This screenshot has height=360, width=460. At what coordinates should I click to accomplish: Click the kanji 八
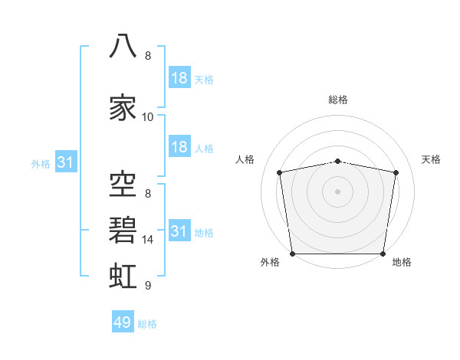click(123, 46)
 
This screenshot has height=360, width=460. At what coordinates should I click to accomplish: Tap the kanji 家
click(123, 107)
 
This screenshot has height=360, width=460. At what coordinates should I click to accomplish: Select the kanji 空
click(123, 184)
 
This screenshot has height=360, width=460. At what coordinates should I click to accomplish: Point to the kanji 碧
click(123, 230)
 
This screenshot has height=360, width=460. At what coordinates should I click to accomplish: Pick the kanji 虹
click(123, 276)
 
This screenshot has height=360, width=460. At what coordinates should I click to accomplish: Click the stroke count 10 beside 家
click(147, 117)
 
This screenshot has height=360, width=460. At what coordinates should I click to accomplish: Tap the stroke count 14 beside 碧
click(147, 240)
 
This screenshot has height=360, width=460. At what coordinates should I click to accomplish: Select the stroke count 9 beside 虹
click(148, 285)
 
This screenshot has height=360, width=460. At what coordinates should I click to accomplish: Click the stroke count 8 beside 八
click(148, 56)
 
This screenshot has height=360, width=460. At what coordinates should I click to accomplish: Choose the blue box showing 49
click(123, 321)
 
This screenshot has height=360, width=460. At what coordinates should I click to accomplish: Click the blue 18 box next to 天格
click(179, 77)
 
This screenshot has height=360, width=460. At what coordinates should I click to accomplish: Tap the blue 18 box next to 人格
click(179, 146)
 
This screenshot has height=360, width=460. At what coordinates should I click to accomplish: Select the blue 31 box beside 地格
click(179, 230)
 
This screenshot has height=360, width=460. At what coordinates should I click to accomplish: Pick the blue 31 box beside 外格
click(66, 162)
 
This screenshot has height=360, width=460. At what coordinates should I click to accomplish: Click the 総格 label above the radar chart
click(338, 100)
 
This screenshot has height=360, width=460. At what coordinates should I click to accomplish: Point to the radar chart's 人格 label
click(245, 159)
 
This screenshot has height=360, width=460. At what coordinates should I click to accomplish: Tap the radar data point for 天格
click(396, 172)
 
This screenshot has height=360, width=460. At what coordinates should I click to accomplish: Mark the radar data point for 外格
click(293, 254)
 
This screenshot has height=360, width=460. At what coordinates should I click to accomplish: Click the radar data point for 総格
click(337, 162)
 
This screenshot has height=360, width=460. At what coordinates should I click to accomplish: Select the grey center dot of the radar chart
click(337, 191)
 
